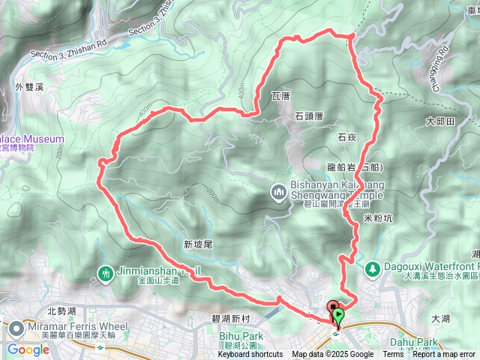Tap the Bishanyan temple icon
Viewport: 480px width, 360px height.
click(x=279, y=193)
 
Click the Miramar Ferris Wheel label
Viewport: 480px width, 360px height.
click(x=70, y=326)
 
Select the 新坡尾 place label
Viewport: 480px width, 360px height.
click(x=198, y=244)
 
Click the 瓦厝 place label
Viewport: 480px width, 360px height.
click(x=280, y=96)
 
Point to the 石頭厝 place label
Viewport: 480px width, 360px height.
click(x=308, y=116)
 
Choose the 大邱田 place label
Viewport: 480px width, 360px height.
click(x=440, y=121)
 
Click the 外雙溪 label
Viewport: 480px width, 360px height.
click(x=28, y=87)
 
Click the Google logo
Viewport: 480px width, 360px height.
click(x=28, y=349)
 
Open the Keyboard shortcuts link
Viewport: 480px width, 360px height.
click(x=251, y=355)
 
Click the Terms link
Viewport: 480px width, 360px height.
click(x=392, y=355)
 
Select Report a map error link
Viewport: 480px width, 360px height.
click(x=443, y=355)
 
